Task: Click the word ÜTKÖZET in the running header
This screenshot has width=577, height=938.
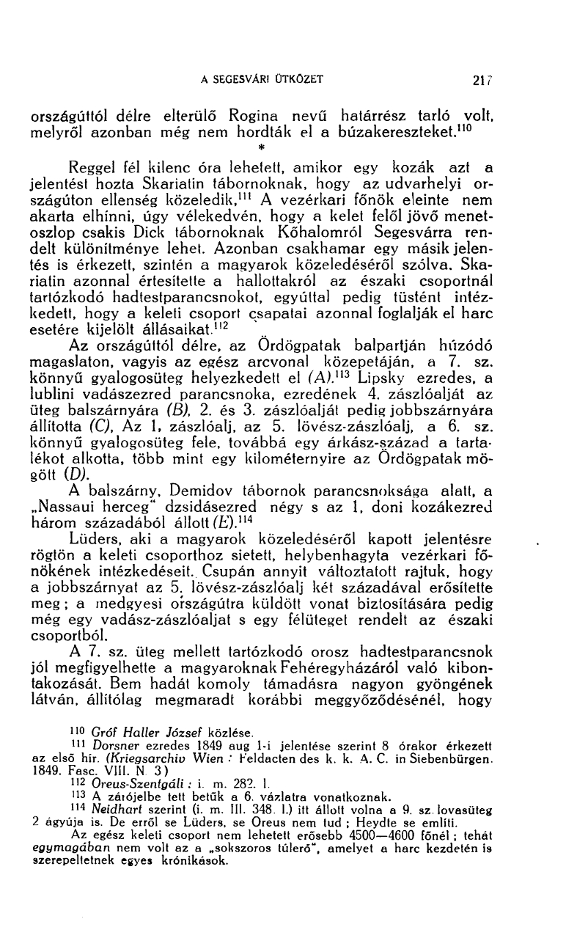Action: coord(295,79)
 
